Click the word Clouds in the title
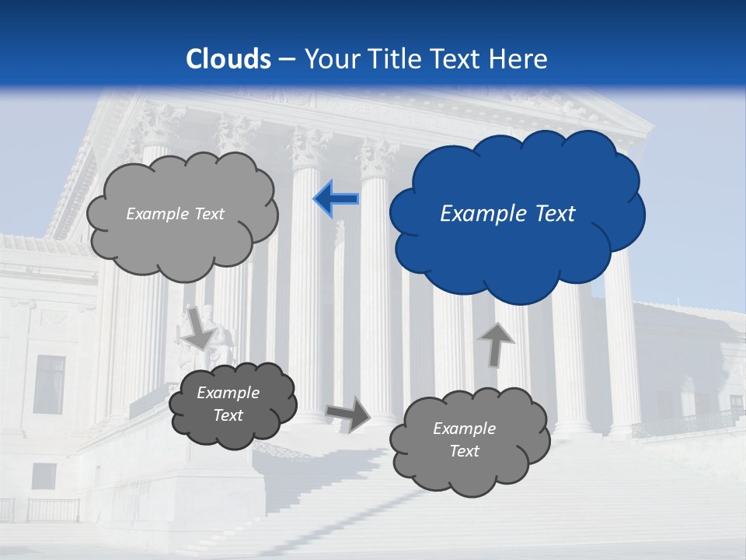[228, 59]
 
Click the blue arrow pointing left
[336, 199]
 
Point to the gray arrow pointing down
[199, 327]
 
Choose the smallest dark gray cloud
[232, 404]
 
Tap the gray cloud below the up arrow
[469, 441]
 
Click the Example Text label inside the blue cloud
[507, 214]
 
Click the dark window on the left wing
[50, 384]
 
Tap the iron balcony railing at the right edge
[684, 422]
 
